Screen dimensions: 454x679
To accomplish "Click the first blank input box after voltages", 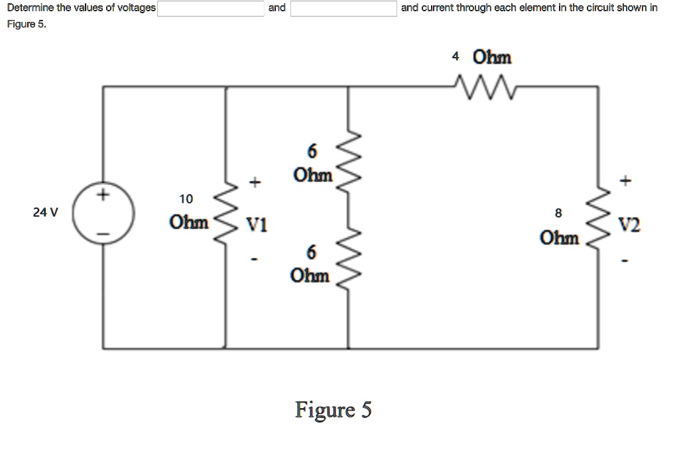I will point(210,9).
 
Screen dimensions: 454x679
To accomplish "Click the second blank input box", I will point(343,9).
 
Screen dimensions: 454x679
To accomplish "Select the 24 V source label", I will point(45,213).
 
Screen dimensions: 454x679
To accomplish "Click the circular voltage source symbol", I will point(104,214).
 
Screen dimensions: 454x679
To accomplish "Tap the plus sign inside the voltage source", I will point(103,196).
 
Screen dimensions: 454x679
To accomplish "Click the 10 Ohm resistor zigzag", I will point(227,214).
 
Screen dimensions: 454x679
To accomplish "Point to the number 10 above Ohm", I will point(186,199).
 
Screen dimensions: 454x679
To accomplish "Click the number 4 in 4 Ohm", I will point(455,57).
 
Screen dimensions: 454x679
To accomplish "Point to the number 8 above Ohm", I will point(558,213).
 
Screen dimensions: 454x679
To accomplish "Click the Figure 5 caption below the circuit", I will point(334,410).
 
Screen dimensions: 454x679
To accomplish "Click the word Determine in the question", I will point(29,8).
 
